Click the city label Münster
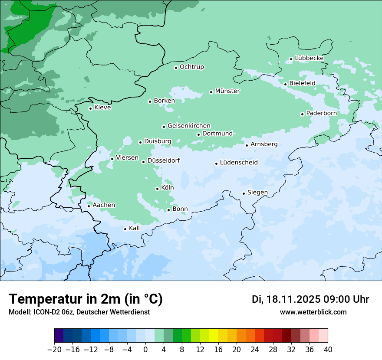227,91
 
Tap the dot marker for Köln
157,189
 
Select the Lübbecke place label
309,58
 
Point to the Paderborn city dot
302,114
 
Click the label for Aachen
104,205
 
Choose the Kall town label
134,228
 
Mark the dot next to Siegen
244,193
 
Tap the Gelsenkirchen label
189,126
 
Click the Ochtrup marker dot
176,68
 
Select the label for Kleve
102,108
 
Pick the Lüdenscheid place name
239,163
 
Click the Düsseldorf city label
164,160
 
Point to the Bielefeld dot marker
285,84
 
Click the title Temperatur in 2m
86,299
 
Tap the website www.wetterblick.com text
313,312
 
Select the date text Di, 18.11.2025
286,299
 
